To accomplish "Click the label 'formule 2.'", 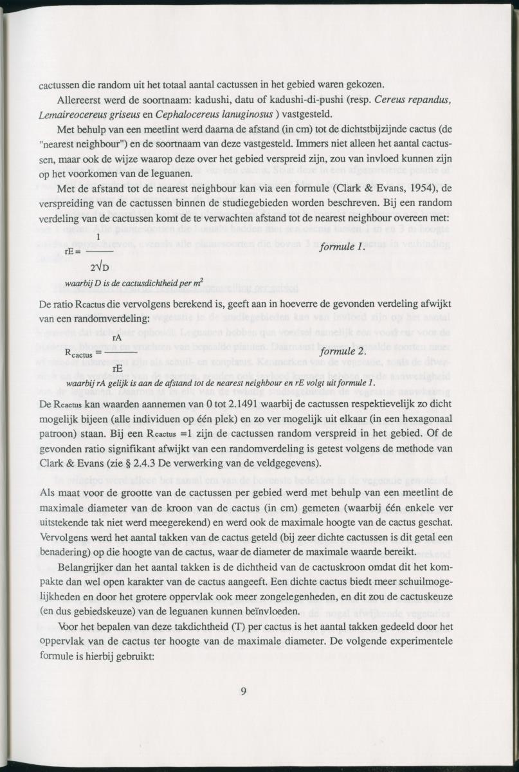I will (343, 352).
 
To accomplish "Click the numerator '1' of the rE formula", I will (97, 237).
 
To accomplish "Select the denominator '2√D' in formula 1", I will (100, 266).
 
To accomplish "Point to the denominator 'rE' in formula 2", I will (118, 369).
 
